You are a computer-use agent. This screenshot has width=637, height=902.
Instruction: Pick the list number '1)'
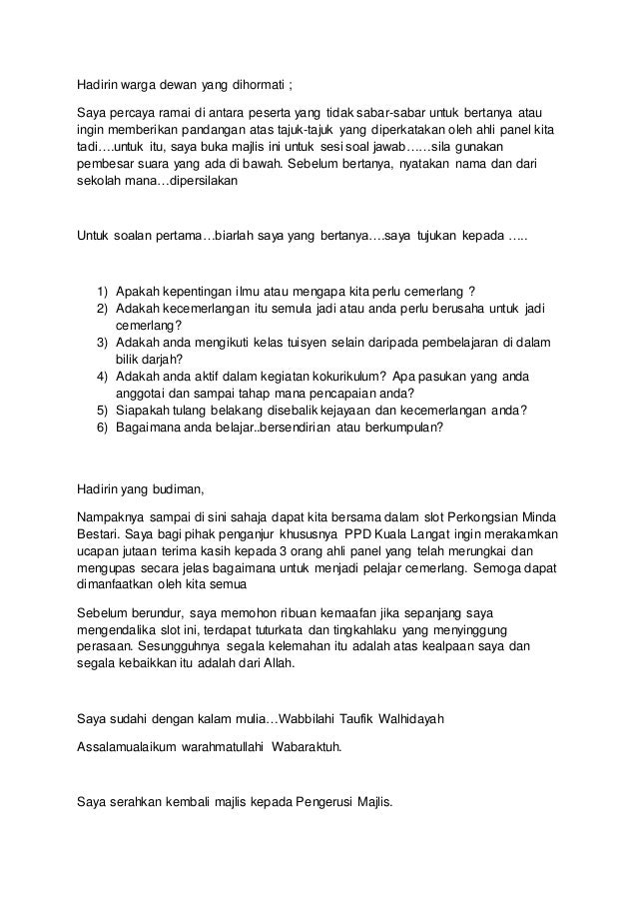click(x=102, y=293)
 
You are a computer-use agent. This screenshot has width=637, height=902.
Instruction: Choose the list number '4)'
click(x=102, y=377)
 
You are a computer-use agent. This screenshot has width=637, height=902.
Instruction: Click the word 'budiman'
click(x=176, y=489)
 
